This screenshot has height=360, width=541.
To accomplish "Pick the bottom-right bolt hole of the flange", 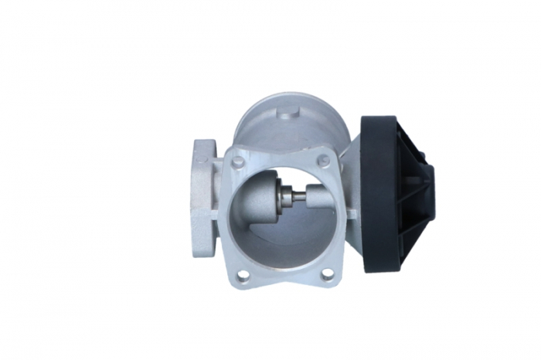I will point(328,273).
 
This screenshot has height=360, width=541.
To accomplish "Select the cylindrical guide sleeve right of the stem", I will point(318,197).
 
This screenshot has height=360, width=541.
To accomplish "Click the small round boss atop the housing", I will point(289,115).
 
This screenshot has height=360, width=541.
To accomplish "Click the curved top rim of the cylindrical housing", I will point(287,97).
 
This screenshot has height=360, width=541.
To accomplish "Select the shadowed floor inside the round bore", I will point(286,247).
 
